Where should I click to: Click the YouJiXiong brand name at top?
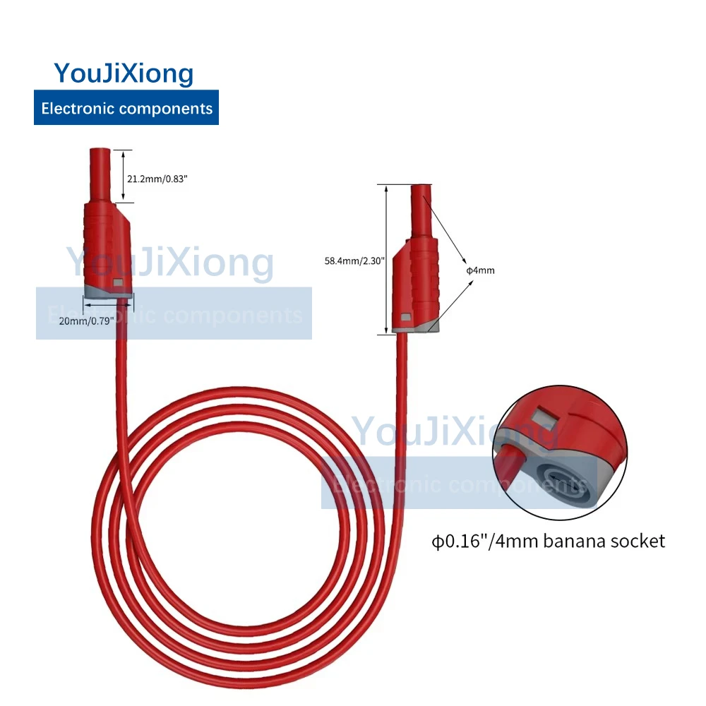pos(124,73)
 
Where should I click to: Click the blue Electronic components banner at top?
pos(126,108)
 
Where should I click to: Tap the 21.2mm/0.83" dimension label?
pos(157,179)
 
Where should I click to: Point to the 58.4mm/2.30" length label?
pos(354,261)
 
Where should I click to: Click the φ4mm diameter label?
pos(480,270)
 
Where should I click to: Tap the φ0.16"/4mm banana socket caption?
pos(549,542)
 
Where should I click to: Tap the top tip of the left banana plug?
pos(100,152)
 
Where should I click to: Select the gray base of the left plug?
pos(106,290)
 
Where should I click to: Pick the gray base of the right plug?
pos(417,325)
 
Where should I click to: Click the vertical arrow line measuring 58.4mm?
pos(387,261)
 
